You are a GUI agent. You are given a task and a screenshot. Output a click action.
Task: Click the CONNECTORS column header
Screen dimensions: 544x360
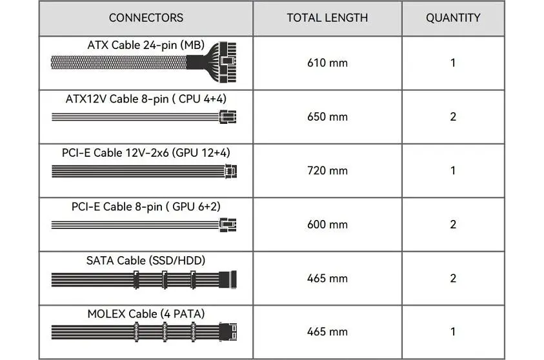click(x=146, y=17)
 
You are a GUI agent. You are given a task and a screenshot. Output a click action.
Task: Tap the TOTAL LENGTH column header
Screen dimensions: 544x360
click(x=327, y=17)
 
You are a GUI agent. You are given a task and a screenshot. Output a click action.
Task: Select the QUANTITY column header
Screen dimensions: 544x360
click(x=453, y=17)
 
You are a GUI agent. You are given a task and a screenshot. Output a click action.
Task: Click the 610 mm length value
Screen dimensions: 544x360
click(x=327, y=63)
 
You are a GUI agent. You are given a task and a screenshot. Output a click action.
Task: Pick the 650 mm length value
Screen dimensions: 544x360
click(x=327, y=117)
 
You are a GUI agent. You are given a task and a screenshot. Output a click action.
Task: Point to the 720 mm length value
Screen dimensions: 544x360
click(x=327, y=170)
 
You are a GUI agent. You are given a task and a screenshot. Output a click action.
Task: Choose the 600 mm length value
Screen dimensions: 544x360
click(x=327, y=225)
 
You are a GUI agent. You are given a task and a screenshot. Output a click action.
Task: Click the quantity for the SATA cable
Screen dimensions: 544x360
click(x=453, y=278)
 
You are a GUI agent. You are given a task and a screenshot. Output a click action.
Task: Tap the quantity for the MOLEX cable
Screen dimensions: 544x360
click(x=453, y=332)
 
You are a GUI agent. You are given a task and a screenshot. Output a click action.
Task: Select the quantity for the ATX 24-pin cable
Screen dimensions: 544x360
click(x=453, y=63)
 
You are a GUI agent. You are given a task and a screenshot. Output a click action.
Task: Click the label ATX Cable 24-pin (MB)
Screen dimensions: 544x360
click(x=146, y=45)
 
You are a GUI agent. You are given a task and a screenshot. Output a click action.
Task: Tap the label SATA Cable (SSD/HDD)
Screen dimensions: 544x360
click(x=146, y=261)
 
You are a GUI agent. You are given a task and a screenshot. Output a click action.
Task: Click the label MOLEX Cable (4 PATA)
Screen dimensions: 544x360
click(x=146, y=314)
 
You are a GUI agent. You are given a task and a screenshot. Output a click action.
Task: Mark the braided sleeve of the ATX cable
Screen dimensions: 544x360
click(x=119, y=63)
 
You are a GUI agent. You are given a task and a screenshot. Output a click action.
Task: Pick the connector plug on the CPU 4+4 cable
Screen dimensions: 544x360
click(x=228, y=117)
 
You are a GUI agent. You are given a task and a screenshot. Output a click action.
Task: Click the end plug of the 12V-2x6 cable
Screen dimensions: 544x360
click(x=230, y=171)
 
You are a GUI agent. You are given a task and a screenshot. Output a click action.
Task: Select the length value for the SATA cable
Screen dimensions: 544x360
click(x=327, y=278)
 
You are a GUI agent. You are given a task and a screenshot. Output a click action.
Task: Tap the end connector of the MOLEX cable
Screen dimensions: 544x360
click(x=228, y=332)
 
